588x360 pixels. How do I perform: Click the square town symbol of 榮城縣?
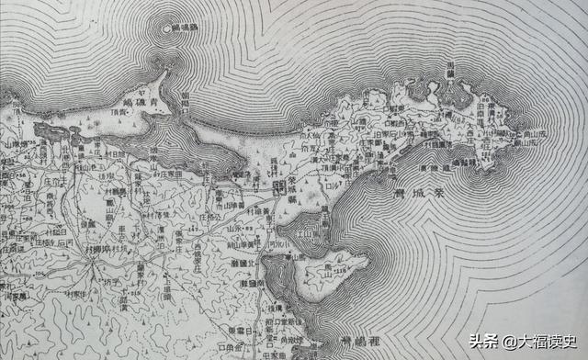point(278,187)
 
